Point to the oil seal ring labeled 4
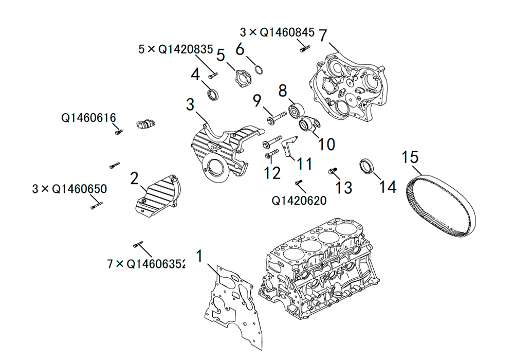click(x=213, y=95)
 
